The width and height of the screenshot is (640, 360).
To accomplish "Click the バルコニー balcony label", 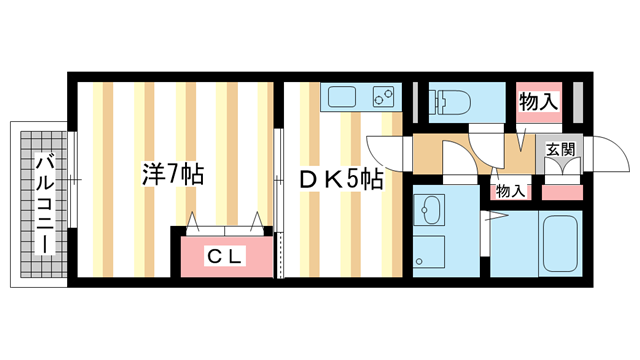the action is [45, 203].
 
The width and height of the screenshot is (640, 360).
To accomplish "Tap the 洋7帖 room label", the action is [172, 174].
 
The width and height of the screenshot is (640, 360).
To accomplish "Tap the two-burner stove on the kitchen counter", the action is [383, 98].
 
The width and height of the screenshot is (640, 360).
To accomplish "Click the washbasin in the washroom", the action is [432, 211].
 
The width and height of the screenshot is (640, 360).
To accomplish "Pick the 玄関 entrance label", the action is [561, 149].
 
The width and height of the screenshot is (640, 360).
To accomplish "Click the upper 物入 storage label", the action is [538, 101].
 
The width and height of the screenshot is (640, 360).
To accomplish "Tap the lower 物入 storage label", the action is [510, 190].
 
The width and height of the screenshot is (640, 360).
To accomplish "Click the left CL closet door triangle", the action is [192, 221].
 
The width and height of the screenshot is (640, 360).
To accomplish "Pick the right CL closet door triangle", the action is [258, 221].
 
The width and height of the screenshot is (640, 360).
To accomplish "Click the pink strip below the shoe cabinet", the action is [561, 191].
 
